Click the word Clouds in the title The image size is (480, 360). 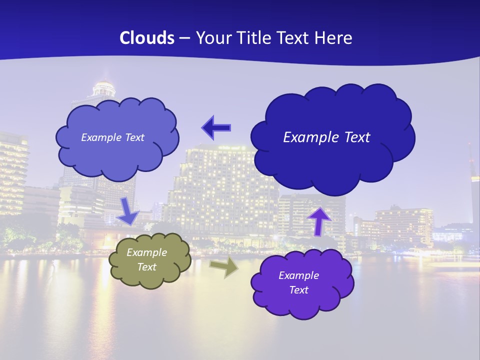pos(147,37)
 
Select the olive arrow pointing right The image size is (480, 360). pos(223,267)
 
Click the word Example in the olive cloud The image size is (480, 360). pos(146,252)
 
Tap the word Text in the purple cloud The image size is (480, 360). pos(298,290)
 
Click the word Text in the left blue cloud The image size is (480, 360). pos(133,137)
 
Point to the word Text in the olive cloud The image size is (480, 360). pos(146,267)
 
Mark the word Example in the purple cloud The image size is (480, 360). pos(298,275)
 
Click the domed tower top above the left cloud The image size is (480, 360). pos(104,88)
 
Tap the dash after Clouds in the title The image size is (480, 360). pos(184,38)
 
